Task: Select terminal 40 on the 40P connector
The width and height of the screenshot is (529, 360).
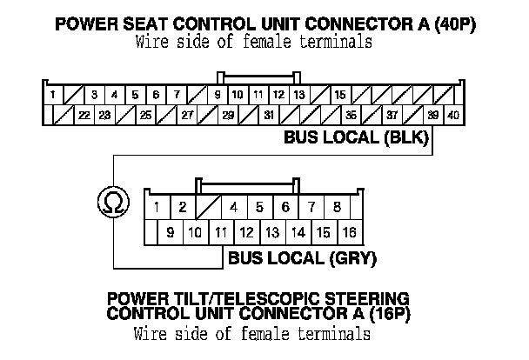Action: click(x=453, y=114)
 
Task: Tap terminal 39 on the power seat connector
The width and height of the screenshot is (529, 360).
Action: click(x=433, y=114)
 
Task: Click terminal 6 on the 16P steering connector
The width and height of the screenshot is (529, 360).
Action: click(x=285, y=207)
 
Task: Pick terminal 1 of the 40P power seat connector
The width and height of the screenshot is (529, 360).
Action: click(x=53, y=94)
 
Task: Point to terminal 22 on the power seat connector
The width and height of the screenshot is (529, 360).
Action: click(x=84, y=114)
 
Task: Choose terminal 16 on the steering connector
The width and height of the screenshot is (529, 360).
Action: click(x=349, y=232)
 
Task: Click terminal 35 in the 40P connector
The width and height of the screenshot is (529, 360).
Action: click(x=351, y=114)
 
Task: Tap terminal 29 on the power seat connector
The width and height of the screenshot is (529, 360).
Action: click(x=228, y=114)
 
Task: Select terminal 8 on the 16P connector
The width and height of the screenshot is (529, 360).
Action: click(x=337, y=207)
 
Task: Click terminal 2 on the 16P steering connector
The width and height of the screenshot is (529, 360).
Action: click(x=183, y=207)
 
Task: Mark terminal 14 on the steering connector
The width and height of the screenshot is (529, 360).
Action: click(x=298, y=232)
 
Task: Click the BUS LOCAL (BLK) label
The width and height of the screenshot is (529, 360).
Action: click(x=357, y=137)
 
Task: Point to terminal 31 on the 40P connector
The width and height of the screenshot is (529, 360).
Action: click(x=269, y=114)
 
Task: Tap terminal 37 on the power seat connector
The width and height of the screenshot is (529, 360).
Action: click(x=392, y=114)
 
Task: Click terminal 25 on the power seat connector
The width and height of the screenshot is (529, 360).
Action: click(x=145, y=114)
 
